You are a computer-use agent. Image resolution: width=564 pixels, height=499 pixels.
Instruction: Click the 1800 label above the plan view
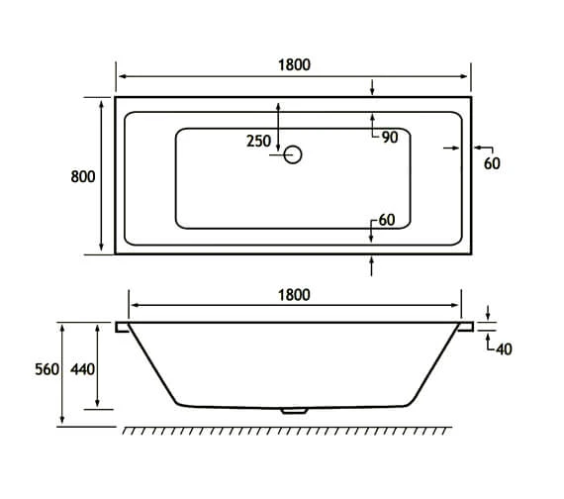(x=294, y=65)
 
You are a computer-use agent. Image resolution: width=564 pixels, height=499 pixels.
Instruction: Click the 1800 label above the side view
(x=294, y=295)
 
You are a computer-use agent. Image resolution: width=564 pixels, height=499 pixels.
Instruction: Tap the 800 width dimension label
(x=83, y=177)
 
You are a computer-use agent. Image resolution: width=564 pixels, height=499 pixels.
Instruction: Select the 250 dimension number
(x=258, y=142)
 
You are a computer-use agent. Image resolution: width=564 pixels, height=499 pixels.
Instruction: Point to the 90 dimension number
(x=390, y=138)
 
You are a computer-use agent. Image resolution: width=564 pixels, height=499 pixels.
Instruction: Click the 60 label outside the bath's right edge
(x=492, y=163)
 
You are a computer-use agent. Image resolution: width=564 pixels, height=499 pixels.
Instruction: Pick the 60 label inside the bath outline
(x=387, y=220)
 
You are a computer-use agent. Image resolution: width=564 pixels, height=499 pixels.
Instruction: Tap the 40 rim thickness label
(x=504, y=349)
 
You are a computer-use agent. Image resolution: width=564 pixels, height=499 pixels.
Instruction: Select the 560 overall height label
(x=47, y=369)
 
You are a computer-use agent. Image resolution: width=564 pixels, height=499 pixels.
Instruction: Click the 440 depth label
(x=82, y=369)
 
